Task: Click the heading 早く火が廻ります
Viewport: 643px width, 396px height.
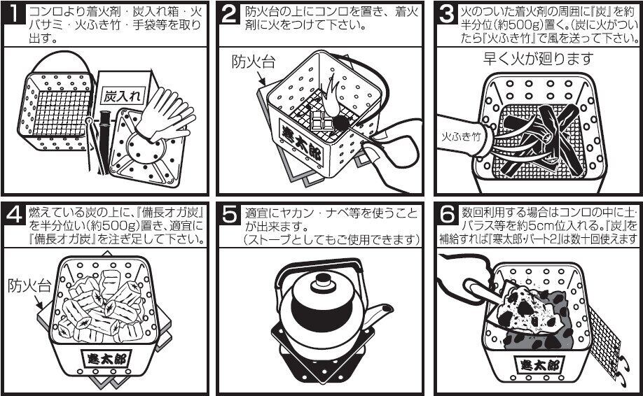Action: click(538, 59)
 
